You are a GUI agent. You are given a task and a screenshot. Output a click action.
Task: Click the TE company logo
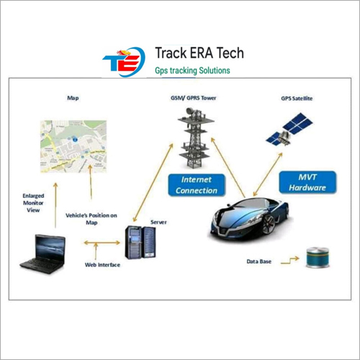pyautogui.click(x=124, y=62)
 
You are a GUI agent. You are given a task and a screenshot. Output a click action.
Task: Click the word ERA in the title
pyautogui.click(x=199, y=53)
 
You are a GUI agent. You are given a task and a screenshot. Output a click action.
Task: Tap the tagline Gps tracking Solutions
pyautogui.click(x=192, y=71)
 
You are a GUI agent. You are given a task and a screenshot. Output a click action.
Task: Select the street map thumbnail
pyautogui.click(x=73, y=146)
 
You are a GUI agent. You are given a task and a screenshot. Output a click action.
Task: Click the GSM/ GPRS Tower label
pyautogui.click(x=193, y=98)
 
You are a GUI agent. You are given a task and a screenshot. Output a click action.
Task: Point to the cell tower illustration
pyautogui.click(x=196, y=138)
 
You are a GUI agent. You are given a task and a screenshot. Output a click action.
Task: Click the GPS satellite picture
pyautogui.click(x=289, y=129)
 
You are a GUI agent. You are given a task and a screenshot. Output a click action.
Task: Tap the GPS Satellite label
pyautogui.click(x=297, y=99)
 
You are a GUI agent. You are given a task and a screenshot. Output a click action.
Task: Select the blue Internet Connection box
pyautogui.click(x=197, y=185)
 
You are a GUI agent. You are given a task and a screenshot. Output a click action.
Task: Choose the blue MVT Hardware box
pyautogui.click(x=307, y=182)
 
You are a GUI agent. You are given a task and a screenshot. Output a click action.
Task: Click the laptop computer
pyautogui.click(x=42, y=254)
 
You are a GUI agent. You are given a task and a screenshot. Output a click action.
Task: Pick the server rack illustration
pyautogui.click(x=140, y=243)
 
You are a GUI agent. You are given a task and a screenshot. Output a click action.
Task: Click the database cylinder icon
pyautogui.click(x=318, y=258)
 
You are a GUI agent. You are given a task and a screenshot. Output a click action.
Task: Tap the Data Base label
pyautogui.click(x=259, y=261)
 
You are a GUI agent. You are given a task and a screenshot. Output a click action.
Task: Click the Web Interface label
pyautogui.click(x=102, y=265)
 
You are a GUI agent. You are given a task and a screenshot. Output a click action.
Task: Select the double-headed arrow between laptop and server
pyautogui.click(x=102, y=243)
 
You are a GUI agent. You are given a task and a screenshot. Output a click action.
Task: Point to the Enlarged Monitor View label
pyautogui.click(x=33, y=203)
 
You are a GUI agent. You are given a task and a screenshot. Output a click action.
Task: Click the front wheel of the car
pyautogui.click(x=269, y=225)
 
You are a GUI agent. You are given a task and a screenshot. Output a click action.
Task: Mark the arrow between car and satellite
pyautogui.click(x=268, y=174)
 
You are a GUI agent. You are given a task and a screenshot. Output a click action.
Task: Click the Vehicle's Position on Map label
pyautogui.click(x=91, y=219)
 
